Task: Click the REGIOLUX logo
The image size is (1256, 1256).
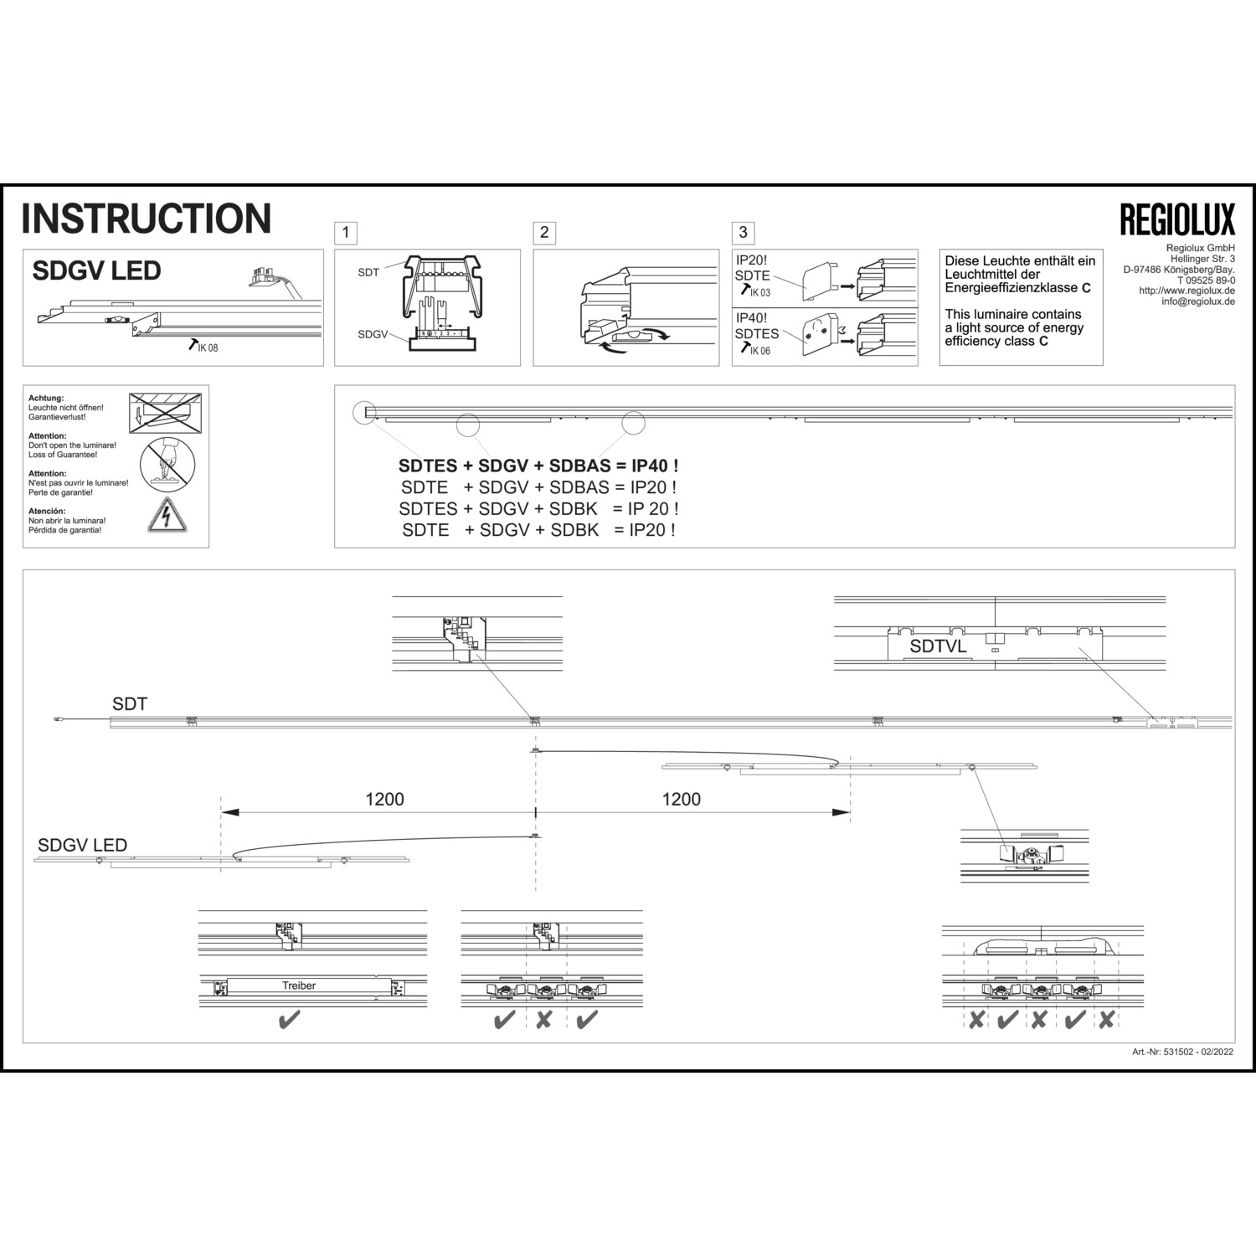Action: click(1177, 219)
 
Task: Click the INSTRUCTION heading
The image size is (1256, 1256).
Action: click(147, 218)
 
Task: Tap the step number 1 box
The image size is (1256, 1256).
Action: click(345, 232)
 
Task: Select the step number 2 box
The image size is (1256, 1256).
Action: click(544, 232)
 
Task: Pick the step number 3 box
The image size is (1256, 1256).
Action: click(743, 232)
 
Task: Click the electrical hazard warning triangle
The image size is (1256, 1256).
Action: click(167, 516)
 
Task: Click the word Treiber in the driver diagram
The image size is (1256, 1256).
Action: click(299, 986)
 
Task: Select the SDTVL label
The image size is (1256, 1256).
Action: click(938, 646)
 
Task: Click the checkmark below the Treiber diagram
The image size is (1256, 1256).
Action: click(289, 1021)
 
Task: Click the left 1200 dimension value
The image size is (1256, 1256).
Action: click(384, 799)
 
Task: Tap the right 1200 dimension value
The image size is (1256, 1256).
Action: click(681, 799)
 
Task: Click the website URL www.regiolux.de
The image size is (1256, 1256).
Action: click(1187, 291)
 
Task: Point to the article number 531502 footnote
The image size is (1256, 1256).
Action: click(1181, 1052)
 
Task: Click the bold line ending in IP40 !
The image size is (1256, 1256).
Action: click(538, 466)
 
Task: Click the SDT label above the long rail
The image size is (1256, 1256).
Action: click(130, 704)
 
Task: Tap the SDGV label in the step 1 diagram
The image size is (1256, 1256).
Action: click(373, 334)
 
